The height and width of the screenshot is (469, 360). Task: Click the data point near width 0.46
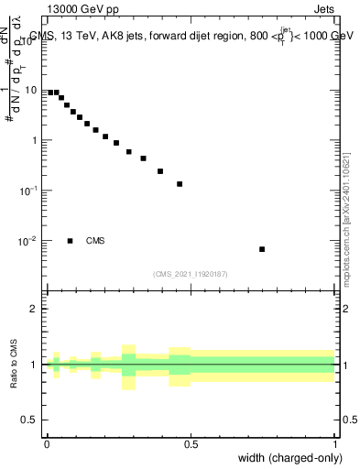click(180, 184)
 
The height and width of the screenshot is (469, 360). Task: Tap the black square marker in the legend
click(70, 241)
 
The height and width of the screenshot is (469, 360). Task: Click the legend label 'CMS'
click(95, 241)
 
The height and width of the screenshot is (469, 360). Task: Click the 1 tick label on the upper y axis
click(34, 141)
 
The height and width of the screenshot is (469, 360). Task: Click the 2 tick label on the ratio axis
click(34, 309)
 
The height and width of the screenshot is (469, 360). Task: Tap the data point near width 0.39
click(160, 171)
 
